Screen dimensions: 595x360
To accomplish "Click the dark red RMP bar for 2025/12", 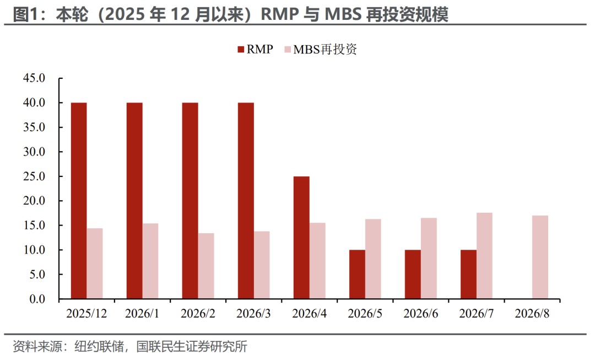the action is (79, 201).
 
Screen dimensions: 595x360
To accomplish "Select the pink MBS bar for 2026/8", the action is (540, 257).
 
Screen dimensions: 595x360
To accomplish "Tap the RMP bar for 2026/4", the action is (301, 238).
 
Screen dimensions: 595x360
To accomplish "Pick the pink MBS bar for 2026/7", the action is (484, 256).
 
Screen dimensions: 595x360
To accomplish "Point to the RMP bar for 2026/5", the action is (357, 274).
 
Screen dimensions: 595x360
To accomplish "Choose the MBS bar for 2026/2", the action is (205, 266).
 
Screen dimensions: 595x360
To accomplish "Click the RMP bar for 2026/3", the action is (246, 201).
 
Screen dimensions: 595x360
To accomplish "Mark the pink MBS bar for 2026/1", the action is (150, 261).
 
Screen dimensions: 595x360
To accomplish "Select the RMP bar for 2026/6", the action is (413, 274).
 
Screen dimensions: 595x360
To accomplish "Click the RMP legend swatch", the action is (241, 50).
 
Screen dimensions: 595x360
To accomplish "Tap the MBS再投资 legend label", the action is (325, 50).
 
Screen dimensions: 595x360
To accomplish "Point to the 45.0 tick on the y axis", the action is (34, 78).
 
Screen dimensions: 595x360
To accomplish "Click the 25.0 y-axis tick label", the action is (34, 176).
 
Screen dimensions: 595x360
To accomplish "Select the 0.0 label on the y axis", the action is (37, 299).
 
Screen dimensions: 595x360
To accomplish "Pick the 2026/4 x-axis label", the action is (309, 313).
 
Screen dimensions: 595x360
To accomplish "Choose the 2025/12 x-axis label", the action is (86, 313).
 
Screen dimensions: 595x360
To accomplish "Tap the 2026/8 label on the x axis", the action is (532, 313).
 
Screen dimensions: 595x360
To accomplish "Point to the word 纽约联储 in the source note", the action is (99, 346).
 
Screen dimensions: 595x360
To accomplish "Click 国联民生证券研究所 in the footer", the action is (192, 346).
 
